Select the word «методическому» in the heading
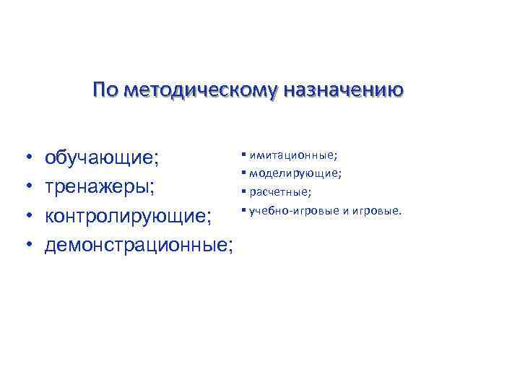[x=198, y=90]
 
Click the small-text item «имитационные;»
[x=293, y=155]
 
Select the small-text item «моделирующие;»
[x=295, y=173]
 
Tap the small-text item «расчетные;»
[x=281, y=192]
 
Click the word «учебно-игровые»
[x=289, y=211]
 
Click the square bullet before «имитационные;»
[x=245, y=154]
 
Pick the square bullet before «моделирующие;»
[x=245, y=173]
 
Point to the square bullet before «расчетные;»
[x=245, y=191]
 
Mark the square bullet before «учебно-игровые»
[x=245, y=210]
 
